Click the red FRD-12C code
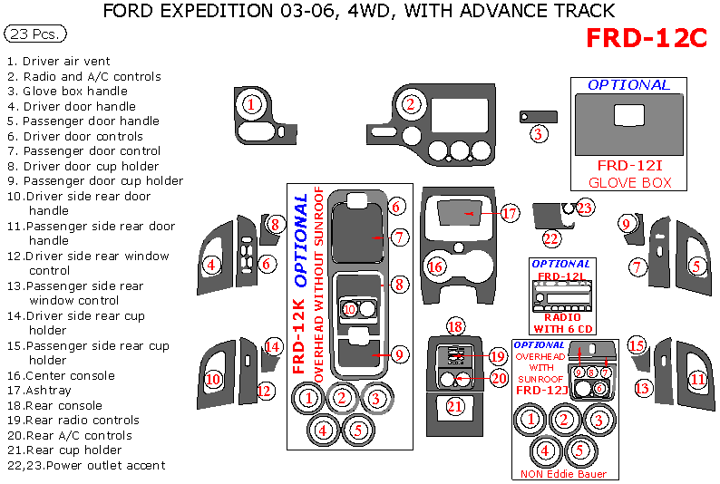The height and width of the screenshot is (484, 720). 646,38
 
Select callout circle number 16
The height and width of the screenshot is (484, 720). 436,266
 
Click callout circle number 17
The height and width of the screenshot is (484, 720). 509,214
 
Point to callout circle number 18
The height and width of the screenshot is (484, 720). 455,326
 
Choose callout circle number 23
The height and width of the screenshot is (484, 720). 585,208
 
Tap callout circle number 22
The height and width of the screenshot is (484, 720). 551,238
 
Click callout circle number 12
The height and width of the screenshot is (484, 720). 265,392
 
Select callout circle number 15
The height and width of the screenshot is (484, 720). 637,345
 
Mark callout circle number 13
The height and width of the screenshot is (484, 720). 642,388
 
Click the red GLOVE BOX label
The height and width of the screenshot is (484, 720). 629,182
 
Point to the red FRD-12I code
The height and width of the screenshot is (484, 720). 630,166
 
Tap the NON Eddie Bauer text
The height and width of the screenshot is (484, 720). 563,474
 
